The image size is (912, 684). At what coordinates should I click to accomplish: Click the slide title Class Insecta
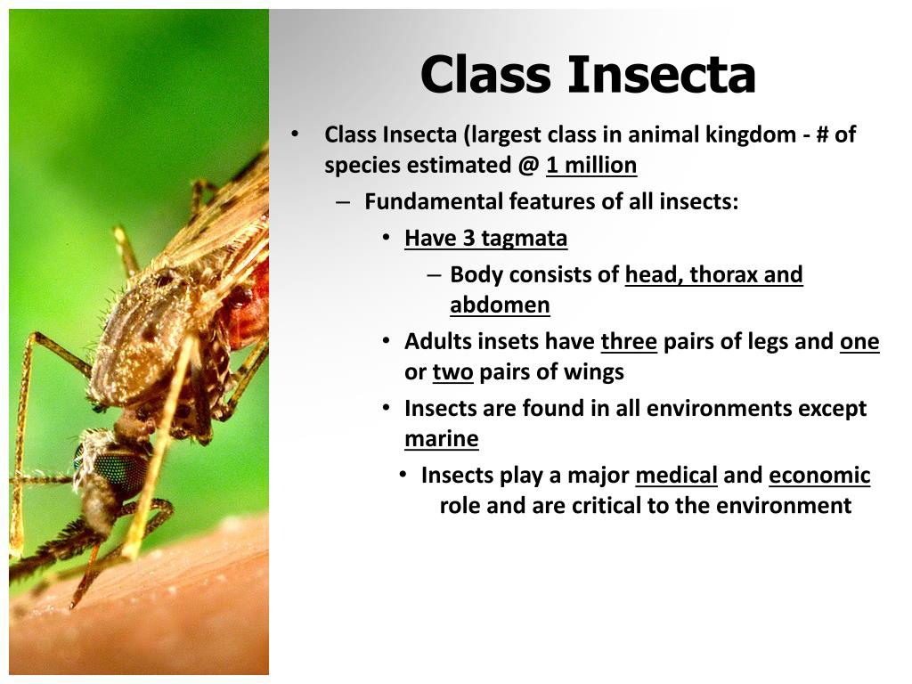(x=588, y=74)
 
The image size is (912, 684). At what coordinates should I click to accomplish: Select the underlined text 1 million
(x=591, y=166)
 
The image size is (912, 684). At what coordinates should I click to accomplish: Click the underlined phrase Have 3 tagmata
(x=485, y=239)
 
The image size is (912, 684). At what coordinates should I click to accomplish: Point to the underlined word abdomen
(x=500, y=305)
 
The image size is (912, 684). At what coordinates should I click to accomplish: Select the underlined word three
(x=629, y=342)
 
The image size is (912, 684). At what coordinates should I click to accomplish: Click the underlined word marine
(x=441, y=439)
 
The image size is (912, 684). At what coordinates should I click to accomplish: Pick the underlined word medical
(x=676, y=476)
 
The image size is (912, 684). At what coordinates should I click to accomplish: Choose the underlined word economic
(x=819, y=476)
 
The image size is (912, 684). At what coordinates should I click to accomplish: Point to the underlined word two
(x=452, y=372)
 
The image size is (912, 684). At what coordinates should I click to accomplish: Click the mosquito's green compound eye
(x=120, y=468)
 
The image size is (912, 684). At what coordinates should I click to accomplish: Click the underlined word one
(x=859, y=342)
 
